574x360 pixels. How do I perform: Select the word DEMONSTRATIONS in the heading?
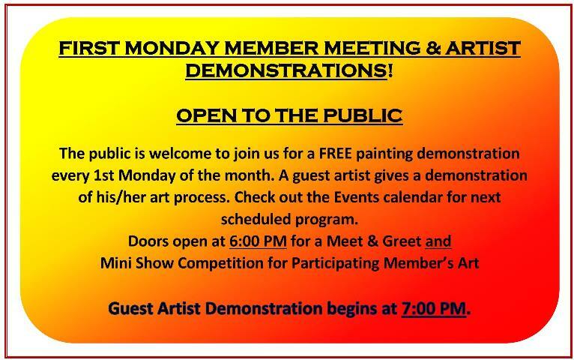[x=286, y=70]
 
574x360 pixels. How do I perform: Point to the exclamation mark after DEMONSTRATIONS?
[x=390, y=70]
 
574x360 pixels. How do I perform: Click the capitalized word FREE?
[x=335, y=153]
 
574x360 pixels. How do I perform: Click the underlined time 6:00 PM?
[x=258, y=241]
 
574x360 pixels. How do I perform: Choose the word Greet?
[x=402, y=241]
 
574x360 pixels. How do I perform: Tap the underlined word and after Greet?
[x=438, y=241]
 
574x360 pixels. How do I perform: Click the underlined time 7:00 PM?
[x=434, y=308]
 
